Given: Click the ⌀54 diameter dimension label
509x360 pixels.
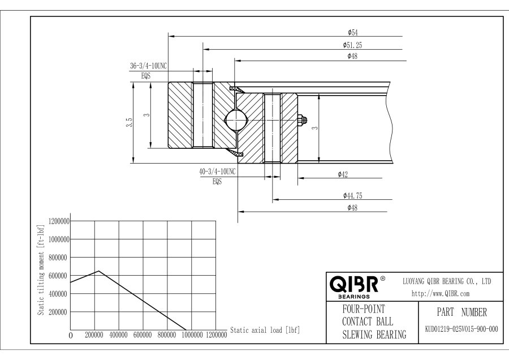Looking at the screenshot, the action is click(x=352, y=32).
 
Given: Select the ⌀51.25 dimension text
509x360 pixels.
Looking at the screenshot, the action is click(x=352, y=45).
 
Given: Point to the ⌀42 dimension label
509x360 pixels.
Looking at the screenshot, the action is click(x=343, y=174).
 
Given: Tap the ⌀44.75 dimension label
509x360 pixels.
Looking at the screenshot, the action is click(x=352, y=196).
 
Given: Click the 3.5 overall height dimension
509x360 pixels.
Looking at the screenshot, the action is click(x=129, y=122).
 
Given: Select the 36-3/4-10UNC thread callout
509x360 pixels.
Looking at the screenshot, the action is click(x=148, y=66).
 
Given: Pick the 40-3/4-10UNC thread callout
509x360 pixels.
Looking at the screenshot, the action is click(x=217, y=172).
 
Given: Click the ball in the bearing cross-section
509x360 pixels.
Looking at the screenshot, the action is click(x=236, y=120).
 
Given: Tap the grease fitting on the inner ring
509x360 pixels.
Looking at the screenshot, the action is click(x=302, y=119).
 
